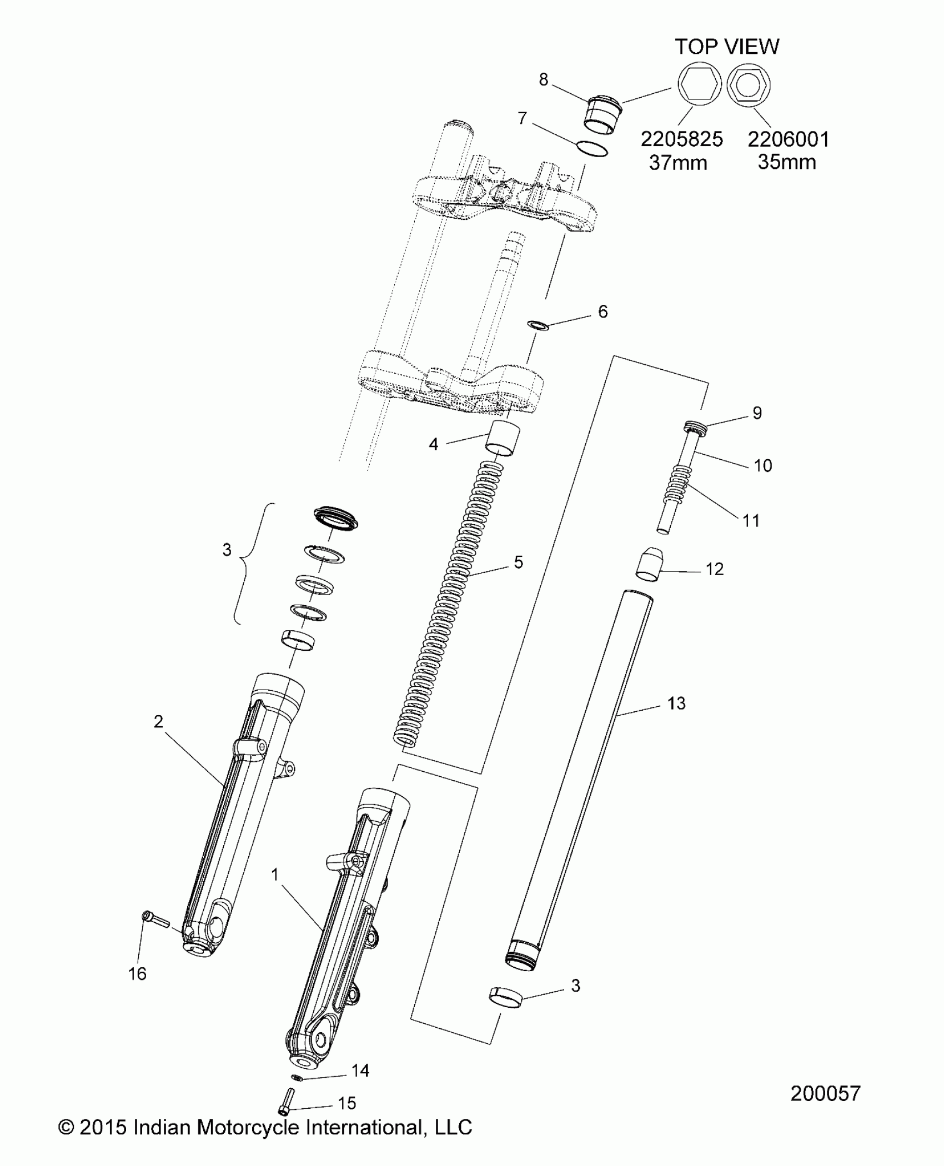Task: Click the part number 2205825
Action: click(682, 139)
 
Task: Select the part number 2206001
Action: click(789, 139)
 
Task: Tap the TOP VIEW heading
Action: click(727, 47)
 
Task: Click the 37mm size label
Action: click(678, 163)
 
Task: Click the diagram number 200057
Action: click(825, 1093)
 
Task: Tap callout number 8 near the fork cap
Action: click(544, 79)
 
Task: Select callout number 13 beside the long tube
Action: click(676, 703)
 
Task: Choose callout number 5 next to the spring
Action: click(518, 562)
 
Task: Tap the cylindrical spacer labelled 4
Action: click(503, 439)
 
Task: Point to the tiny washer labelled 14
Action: click(297, 1078)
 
